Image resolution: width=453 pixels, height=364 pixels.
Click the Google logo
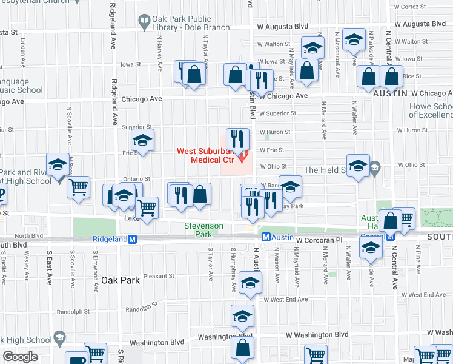pyautogui.click(x=20, y=356)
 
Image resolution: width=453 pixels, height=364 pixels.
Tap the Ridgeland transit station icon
pyautogui.click(x=141, y=239)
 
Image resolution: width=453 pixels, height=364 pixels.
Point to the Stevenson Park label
pyautogui.click(x=204, y=230)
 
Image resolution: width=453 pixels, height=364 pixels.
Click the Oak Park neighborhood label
pyautogui.click(x=121, y=280)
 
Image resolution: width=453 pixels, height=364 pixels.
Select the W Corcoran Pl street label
pyautogui.click(x=320, y=241)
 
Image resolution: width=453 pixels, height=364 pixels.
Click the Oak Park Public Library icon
pyautogui.click(x=144, y=23)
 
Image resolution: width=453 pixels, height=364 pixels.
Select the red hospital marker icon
pyautogui.click(x=244, y=159)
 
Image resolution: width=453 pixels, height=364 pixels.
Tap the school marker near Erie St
pyautogui.click(x=142, y=141)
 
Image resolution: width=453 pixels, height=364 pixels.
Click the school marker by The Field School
pyautogui.click(x=358, y=166)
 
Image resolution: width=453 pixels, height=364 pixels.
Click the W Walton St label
pyautogui.click(x=274, y=44)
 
